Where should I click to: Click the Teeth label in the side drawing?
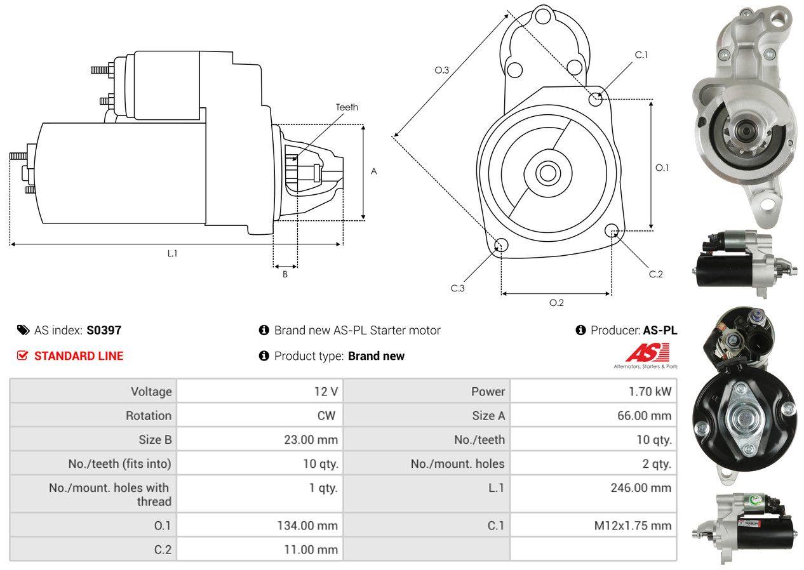347,107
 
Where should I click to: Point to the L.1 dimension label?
172,253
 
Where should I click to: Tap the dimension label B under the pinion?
285,274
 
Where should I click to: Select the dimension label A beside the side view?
373,171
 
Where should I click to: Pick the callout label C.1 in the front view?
641,55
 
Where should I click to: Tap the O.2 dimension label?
556,303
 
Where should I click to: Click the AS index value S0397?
104,330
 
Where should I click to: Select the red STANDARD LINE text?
79,356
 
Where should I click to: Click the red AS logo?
647,352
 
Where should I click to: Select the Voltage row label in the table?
151,392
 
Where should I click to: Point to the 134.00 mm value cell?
307,526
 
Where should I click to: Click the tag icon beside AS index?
23,330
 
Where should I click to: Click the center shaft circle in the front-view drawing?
546,173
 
